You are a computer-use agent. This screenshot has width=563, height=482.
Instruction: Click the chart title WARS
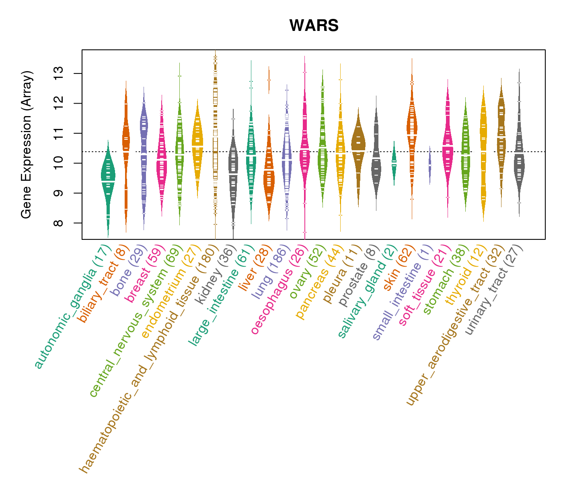314,26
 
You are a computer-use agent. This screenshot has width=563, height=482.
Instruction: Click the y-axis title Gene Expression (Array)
27,145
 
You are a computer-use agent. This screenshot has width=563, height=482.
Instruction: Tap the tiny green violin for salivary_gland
394,163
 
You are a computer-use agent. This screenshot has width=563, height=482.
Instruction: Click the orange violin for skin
412,129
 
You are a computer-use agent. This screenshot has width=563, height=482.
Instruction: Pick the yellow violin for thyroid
483,153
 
